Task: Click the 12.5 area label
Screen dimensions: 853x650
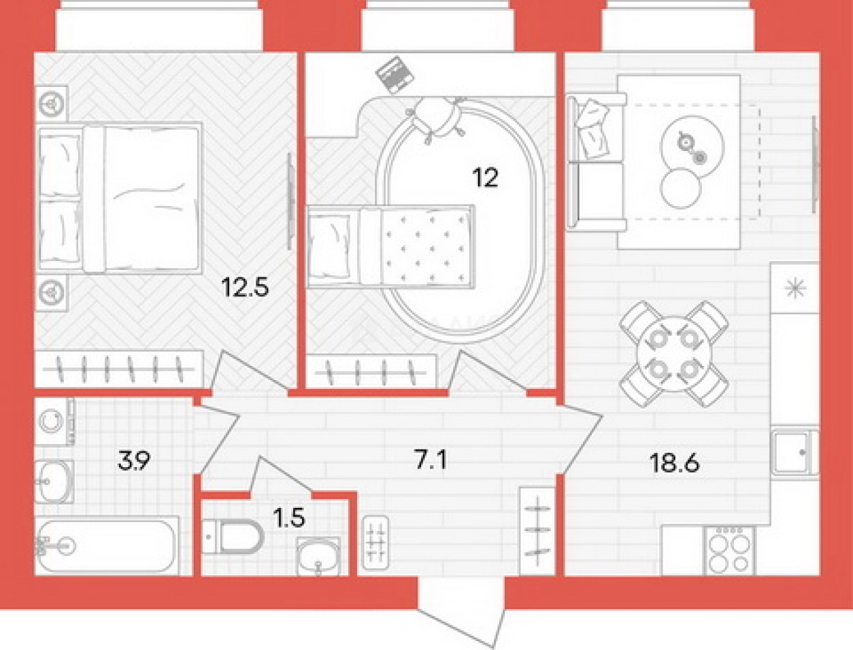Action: click(245, 288)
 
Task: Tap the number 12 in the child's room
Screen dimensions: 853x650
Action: click(485, 178)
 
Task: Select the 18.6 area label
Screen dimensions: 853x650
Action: click(675, 463)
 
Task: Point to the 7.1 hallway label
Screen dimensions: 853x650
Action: click(431, 460)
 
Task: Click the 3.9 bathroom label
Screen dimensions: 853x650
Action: click(134, 461)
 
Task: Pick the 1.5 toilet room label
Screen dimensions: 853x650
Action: click(288, 518)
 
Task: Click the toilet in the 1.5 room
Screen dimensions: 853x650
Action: click(233, 537)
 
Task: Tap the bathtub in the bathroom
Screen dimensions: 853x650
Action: click(107, 546)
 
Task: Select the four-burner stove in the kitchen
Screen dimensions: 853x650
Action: click(729, 551)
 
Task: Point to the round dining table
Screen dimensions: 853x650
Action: click(674, 354)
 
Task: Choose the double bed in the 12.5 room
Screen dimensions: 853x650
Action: click(120, 198)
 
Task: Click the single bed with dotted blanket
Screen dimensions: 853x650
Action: click(391, 247)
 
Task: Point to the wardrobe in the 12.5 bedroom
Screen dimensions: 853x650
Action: click(119, 369)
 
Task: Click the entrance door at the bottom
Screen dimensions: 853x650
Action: click(462, 617)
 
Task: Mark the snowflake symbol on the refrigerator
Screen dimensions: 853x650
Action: click(795, 288)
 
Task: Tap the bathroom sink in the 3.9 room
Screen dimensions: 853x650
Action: click(54, 481)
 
